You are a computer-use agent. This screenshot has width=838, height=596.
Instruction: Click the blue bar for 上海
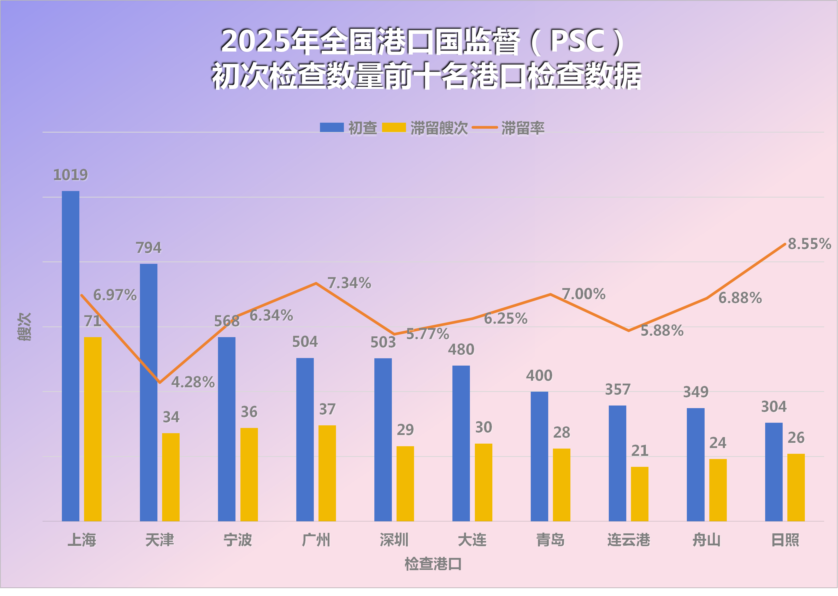(x=70, y=356)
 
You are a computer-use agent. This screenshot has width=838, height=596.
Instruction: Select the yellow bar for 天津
(x=171, y=477)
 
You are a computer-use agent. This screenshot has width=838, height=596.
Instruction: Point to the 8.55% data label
(x=809, y=244)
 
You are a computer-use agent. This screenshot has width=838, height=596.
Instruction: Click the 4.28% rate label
(x=193, y=382)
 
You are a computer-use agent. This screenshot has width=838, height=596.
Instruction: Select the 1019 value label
(x=70, y=175)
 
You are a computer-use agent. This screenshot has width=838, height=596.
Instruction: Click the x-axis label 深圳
(x=394, y=540)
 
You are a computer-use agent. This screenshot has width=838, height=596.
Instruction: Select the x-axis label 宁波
(x=238, y=540)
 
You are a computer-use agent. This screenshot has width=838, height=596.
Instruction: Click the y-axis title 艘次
(x=25, y=327)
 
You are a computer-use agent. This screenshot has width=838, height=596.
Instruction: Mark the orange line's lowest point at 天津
(x=160, y=382)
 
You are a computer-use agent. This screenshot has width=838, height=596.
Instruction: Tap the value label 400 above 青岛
(x=539, y=376)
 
